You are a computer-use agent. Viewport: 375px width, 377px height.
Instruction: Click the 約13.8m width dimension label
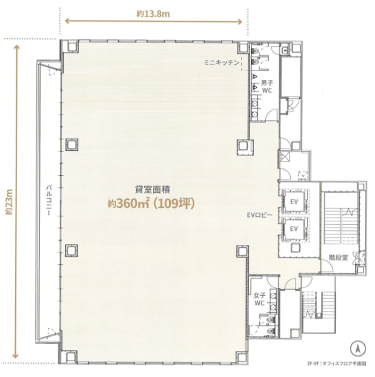(x=153, y=14)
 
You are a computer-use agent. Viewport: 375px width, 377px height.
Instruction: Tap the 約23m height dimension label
(x=9, y=202)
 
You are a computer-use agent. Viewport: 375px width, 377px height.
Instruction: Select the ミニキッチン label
(x=221, y=63)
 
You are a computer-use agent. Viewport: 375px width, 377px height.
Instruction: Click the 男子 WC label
(x=267, y=87)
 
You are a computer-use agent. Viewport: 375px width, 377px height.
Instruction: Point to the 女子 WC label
(x=260, y=299)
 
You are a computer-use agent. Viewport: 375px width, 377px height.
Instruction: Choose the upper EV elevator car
(x=294, y=201)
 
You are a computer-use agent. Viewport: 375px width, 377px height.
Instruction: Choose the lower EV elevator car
(x=294, y=229)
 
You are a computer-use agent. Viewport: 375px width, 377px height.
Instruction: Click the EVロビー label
(x=259, y=215)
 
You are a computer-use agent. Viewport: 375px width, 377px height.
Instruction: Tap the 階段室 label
(x=338, y=258)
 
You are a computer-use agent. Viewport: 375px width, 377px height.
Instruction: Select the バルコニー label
(x=49, y=199)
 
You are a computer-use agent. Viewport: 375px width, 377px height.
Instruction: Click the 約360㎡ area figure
(x=128, y=204)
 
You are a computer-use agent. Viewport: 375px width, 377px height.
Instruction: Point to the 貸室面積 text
(x=153, y=190)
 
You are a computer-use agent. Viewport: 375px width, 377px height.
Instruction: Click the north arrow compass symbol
(x=357, y=349)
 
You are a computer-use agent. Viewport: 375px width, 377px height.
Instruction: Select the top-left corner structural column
(x=71, y=46)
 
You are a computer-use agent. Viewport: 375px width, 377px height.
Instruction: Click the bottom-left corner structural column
(x=71, y=356)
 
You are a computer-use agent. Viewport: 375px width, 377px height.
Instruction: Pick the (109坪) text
(x=174, y=204)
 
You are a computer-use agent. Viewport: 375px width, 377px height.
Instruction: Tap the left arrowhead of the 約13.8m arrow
(x=67, y=21)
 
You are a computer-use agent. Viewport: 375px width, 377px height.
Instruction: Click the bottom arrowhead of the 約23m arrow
(x=16, y=355)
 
